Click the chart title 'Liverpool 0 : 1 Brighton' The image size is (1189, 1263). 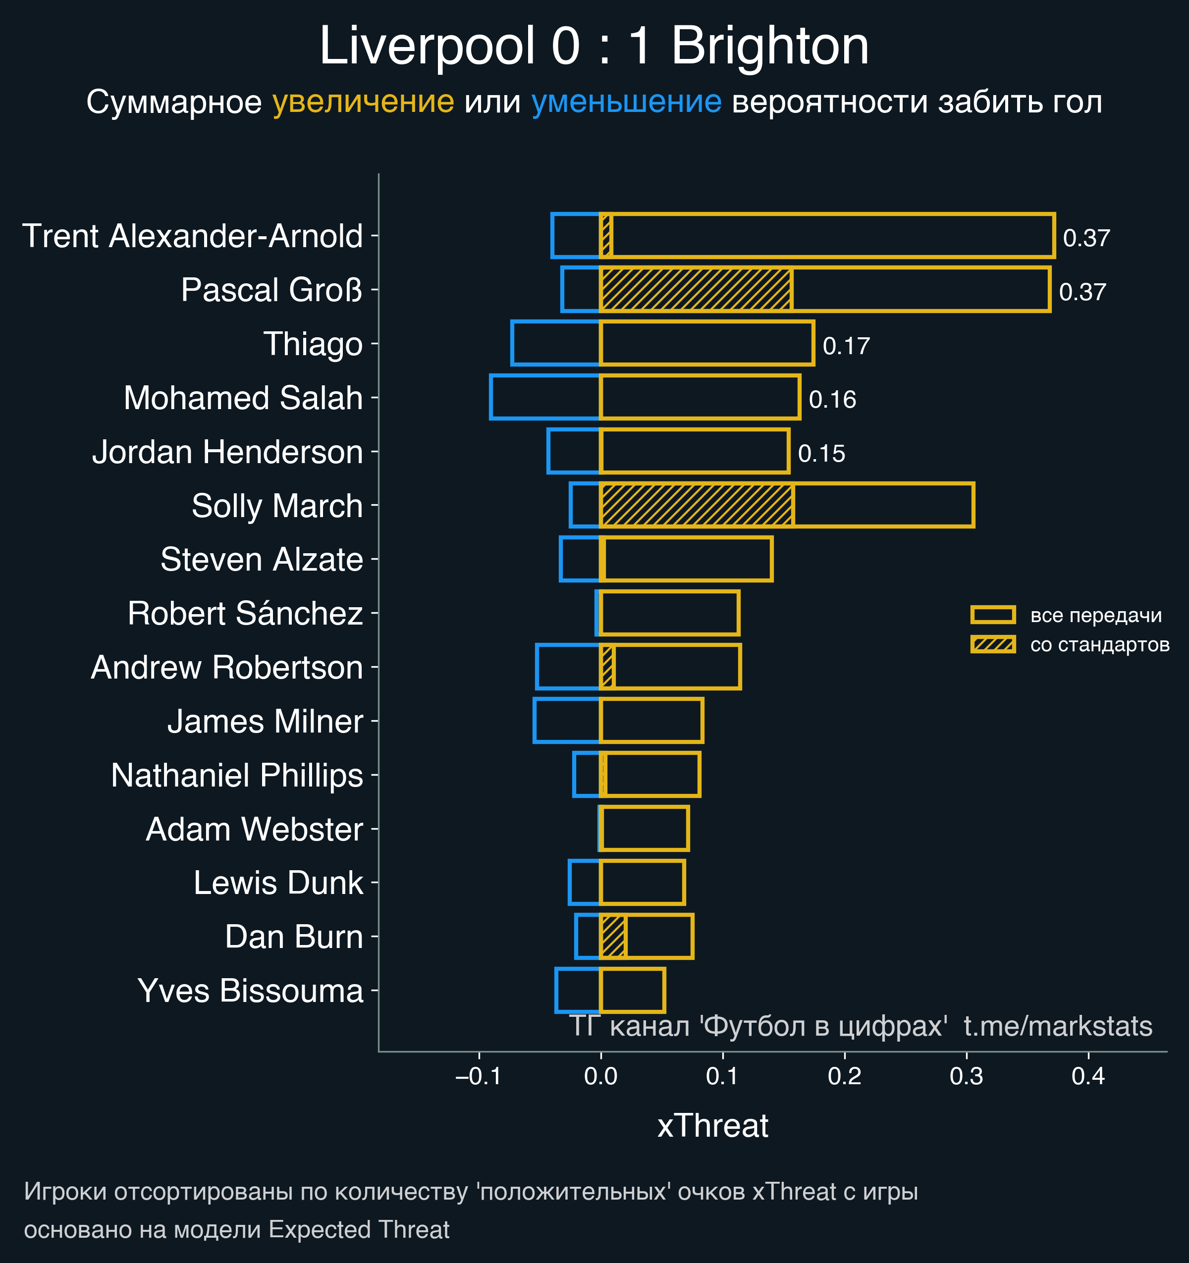pyautogui.click(x=594, y=47)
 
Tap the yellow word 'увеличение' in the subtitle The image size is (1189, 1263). pyautogui.click(x=363, y=103)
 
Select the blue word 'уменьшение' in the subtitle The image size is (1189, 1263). pyautogui.click(x=626, y=103)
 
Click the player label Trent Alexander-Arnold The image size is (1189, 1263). pyautogui.click(x=193, y=236)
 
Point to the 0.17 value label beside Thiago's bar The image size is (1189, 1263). pyautogui.click(x=846, y=346)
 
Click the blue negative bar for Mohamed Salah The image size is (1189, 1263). pyautogui.click(x=544, y=398)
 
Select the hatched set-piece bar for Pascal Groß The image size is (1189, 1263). pyautogui.click(x=696, y=290)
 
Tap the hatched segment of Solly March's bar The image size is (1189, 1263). pyautogui.click(x=697, y=506)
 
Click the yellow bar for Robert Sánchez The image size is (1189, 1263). pyautogui.click(x=669, y=613)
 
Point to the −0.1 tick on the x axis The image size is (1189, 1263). pyautogui.click(x=479, y=1076)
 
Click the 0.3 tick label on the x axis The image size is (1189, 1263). pyautogui.click(x=967, y=1076)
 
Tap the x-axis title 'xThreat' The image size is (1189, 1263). pyautogui.click(x=712, y=1126)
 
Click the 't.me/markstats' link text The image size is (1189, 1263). pyautogui.click(x=1057, y=1026)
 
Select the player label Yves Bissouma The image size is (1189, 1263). pyautogui.click(x=250, y=991)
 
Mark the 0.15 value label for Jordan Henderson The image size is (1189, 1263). pyautogui.click(x=821, y=454)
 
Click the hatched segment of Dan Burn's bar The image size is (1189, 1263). pyautogui.click(x=613, y=937)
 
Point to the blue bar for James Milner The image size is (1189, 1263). pyautogui.click(x=566, y=721)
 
